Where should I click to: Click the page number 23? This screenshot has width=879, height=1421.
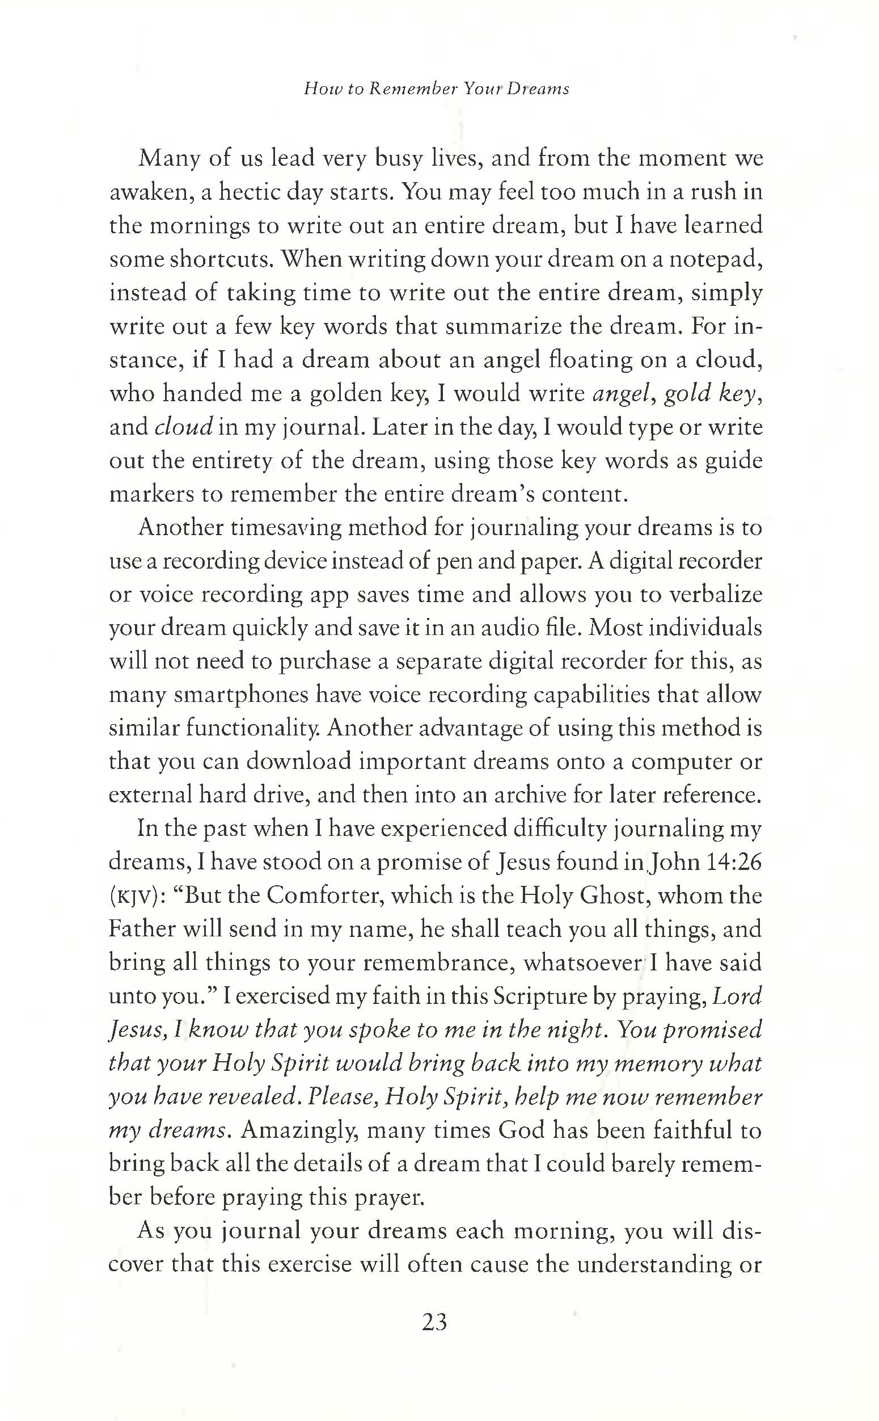point(434,1322)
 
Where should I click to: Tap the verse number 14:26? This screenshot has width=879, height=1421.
point(734,862)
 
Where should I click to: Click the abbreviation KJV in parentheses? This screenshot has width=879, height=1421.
point(134,896)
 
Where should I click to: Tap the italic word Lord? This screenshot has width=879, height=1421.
point(737,996)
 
